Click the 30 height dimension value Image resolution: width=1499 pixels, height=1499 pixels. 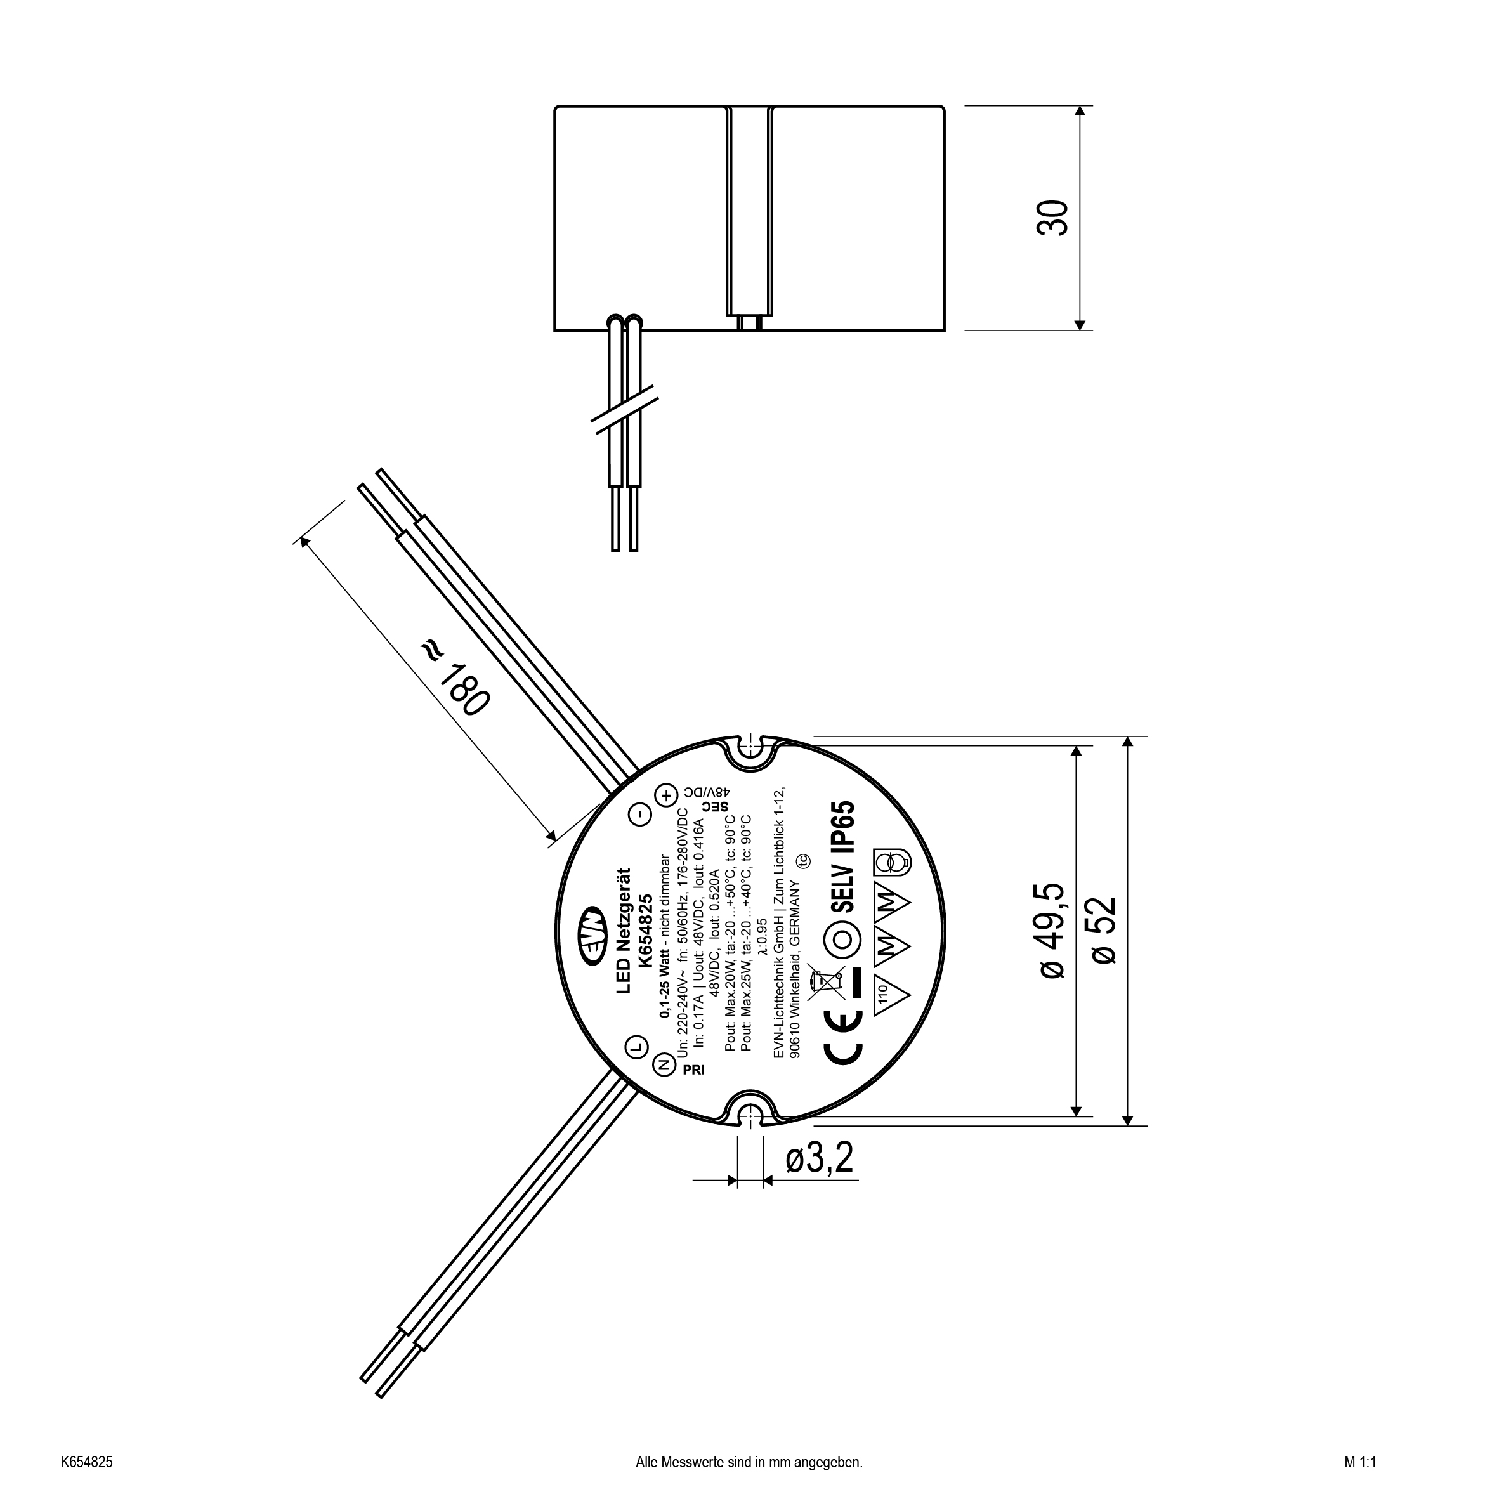click(x=1052, y=218)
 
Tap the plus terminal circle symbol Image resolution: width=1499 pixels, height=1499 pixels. click(x=665, y=795)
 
